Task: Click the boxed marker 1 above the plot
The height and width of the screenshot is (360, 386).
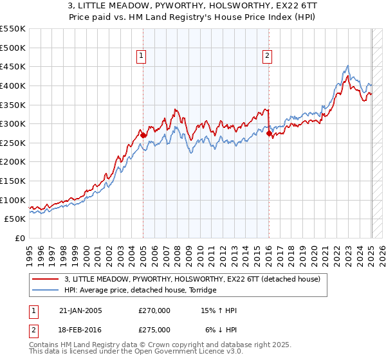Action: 142,56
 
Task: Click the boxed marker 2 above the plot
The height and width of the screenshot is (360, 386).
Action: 267,56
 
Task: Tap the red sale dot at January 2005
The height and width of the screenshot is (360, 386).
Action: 143,135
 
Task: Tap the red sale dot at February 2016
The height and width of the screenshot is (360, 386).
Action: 269,134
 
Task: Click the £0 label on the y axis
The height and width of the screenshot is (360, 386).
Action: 20,238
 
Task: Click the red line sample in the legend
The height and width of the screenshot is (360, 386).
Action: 46,279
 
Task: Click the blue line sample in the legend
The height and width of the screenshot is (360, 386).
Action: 46,290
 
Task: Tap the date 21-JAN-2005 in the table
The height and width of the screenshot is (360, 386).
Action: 80,310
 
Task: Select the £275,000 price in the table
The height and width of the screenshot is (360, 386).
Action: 154,329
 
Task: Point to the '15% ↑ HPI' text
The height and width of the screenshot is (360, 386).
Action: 219,310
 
